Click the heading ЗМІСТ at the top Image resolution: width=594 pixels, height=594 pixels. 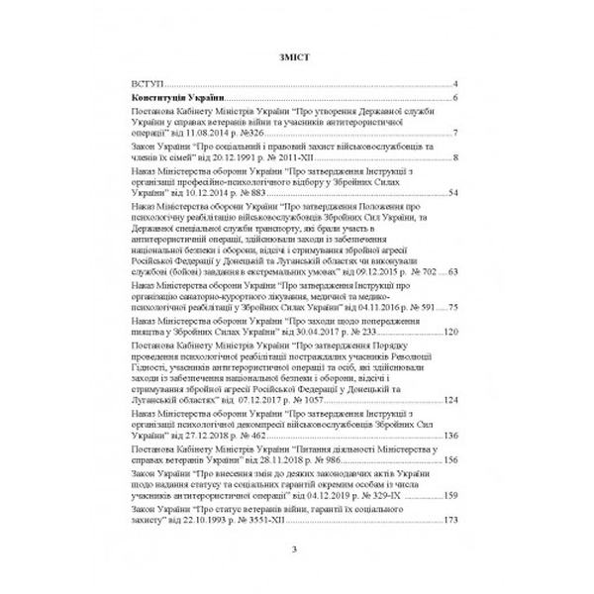(297, 57)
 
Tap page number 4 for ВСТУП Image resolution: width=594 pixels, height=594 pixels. (452, 86)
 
